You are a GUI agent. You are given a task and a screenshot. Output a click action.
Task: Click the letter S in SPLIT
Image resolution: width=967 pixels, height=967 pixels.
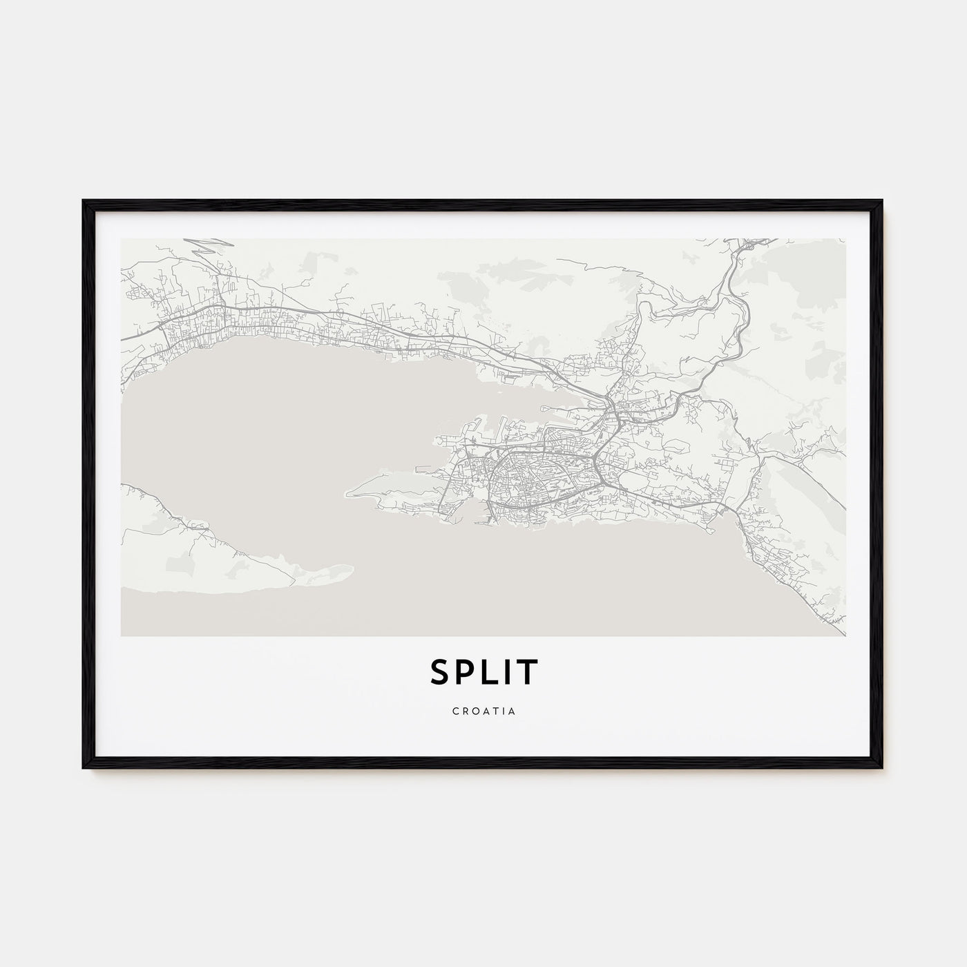[x=439, y=673]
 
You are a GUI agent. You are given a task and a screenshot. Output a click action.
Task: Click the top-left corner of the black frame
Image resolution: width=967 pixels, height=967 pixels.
[x=84, y=201]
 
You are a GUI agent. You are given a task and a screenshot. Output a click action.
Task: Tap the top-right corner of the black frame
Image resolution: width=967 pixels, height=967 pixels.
[x=882, y=201]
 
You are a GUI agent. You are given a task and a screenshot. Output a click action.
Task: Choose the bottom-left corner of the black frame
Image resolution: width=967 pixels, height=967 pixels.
[x=84, y=768]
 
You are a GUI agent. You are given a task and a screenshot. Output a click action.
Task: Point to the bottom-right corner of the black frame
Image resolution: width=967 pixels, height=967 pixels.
[x=882, y=768]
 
